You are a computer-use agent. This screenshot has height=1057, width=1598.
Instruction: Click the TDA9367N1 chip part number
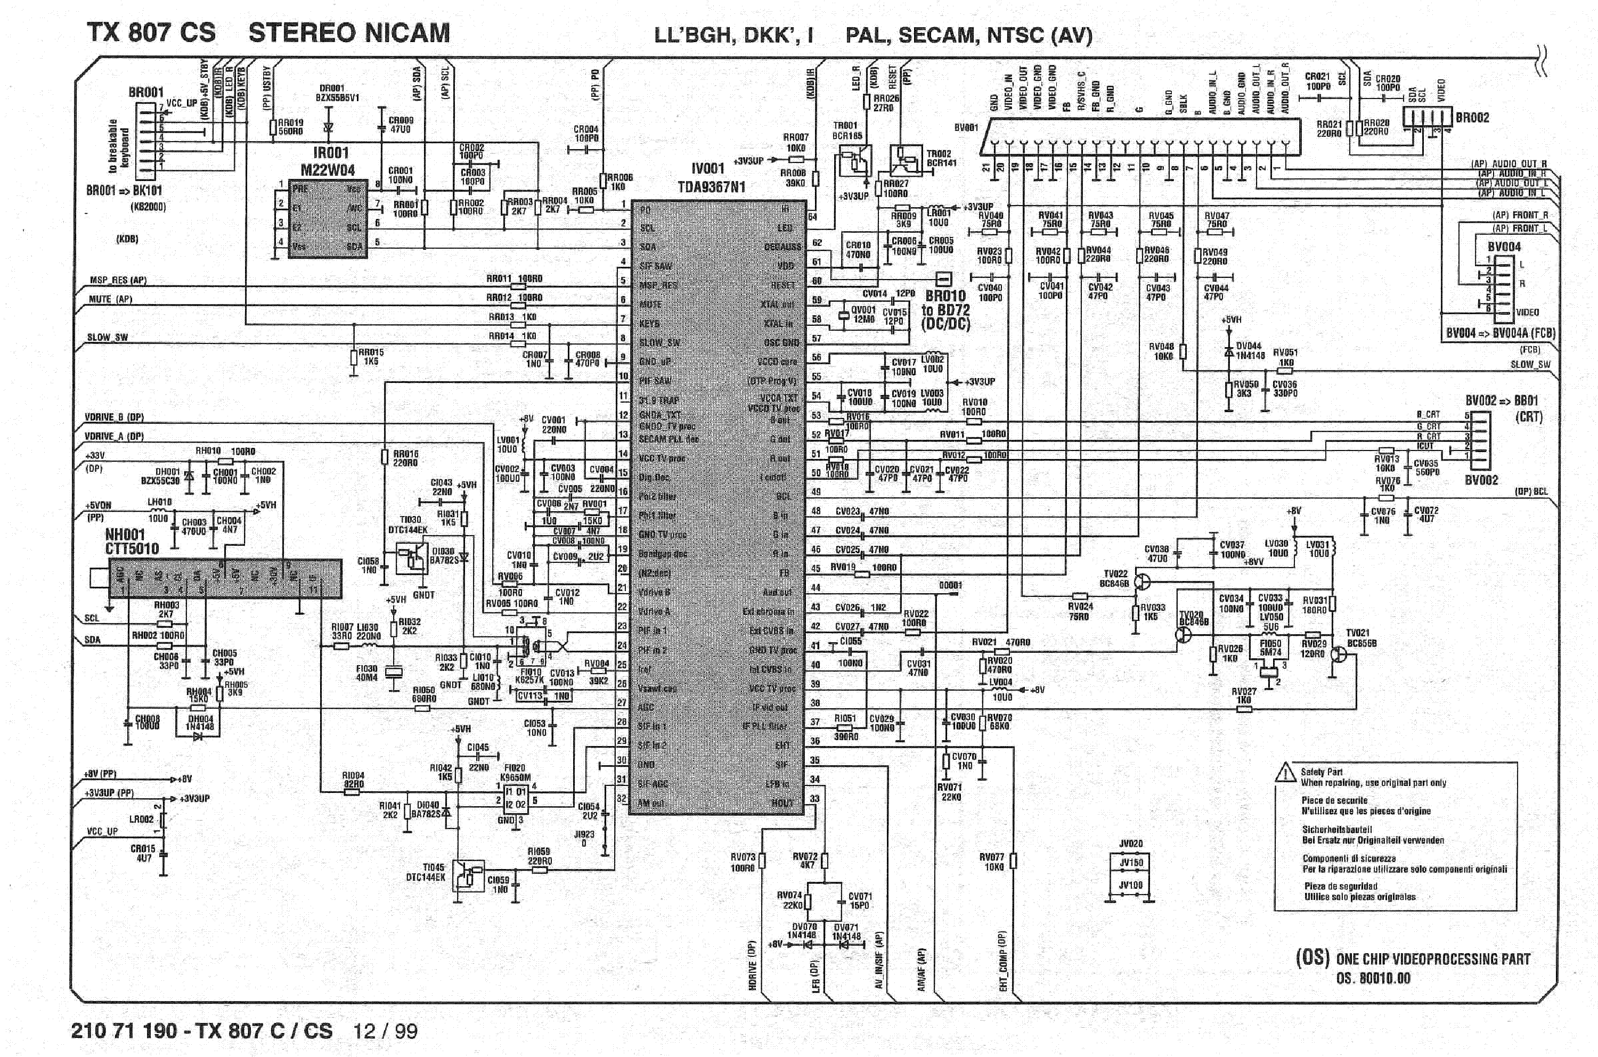(711, 187)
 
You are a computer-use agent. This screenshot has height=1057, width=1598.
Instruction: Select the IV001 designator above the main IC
(707, 168)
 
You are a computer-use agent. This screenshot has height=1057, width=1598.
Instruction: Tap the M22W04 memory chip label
(328, 170)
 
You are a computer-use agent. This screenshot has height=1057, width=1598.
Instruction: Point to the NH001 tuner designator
(125, 535)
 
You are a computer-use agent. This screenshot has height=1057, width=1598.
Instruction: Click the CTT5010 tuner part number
(132, 548)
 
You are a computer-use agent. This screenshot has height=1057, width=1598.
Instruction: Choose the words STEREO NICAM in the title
(348, 33)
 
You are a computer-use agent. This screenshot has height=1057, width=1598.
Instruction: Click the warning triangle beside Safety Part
(1285, 773)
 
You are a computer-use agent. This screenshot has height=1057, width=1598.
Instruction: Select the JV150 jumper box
(1131, 862)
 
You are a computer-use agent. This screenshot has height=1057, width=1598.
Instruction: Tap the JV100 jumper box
(1131, 885)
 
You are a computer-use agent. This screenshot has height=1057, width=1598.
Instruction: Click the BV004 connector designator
(1504, 247)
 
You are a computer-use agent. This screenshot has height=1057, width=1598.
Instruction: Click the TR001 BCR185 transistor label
(847, 130)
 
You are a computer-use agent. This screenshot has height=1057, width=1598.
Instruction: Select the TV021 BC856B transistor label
(1361, 638)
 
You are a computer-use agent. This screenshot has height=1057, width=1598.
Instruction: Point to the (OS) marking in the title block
(1312, 958)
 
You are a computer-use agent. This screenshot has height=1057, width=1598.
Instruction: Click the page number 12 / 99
(385, 1031)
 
